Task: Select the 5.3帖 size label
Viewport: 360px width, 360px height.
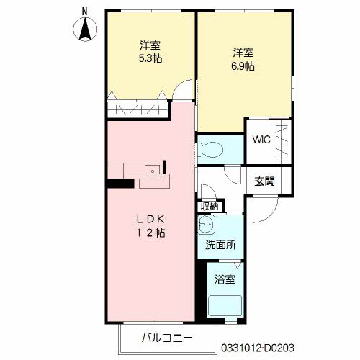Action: (150, 58)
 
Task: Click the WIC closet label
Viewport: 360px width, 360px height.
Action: (261, 140)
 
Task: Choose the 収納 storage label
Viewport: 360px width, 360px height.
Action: (210, 206)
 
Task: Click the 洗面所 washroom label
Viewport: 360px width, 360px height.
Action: (220, 245)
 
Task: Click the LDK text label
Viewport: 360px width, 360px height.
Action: (151, 218)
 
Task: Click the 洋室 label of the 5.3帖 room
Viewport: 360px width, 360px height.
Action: (150, 45)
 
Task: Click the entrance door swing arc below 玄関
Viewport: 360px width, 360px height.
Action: (268, 207)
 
